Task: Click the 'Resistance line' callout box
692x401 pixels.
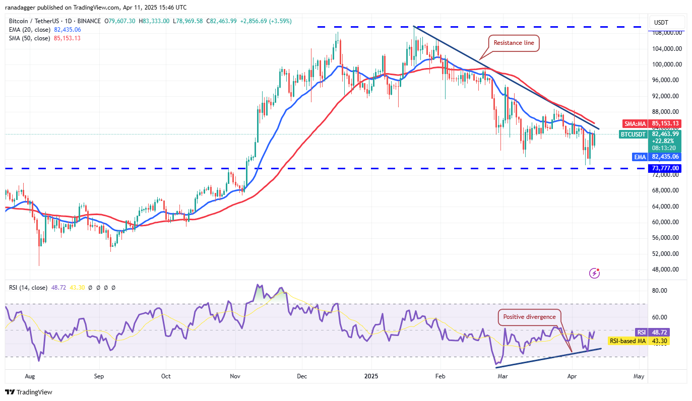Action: coord(514,43)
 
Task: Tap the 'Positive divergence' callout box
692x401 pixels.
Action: coord(529,317)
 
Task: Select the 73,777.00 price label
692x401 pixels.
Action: coord(666,168)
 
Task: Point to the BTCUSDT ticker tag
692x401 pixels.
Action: coord(633,134)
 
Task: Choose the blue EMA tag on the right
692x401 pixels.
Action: coord(640,157)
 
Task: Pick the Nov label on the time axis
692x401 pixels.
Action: coord(234,376)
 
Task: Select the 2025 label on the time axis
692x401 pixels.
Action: coord(371,376)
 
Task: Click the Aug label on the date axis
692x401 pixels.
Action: coord(30,376)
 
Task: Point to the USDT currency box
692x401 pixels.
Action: coord(661,23)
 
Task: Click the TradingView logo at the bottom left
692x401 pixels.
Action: coord(29,392)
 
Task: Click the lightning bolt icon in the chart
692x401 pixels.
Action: coord(595,274)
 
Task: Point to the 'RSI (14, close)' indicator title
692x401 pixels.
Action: coord(27,288)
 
